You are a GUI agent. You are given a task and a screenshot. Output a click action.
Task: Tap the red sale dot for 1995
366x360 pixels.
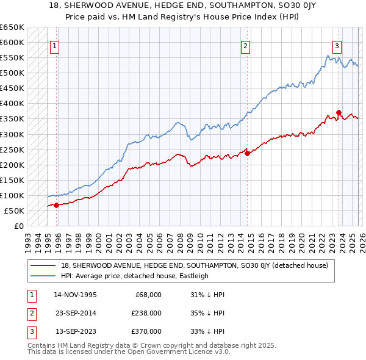[x=56, y=205]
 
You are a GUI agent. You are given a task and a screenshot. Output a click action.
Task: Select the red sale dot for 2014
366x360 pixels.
[x=247, y=153]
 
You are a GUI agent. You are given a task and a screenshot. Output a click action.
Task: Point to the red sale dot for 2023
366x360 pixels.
[x=339, y=112]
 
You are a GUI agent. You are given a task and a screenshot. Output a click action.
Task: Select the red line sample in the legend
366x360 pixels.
[x=44, y=265]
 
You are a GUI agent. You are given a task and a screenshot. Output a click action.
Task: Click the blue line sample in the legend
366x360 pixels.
[x=44, y=276]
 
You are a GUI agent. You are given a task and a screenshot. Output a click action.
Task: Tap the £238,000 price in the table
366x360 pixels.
[x=147, y=313]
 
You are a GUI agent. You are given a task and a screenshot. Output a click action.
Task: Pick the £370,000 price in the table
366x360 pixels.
[x=147, y=331]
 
